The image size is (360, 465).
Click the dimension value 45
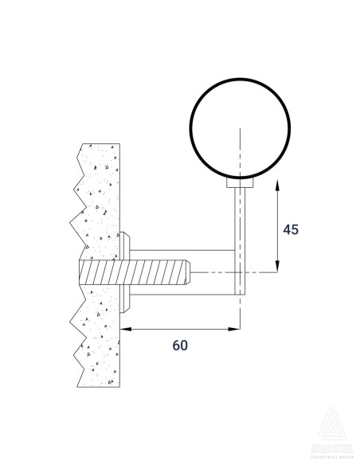(x=291, y=229)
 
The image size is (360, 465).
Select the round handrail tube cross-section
(x=239, y=127)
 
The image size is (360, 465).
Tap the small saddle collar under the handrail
(x=239, y=184)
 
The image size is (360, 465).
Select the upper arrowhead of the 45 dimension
(x=276, y=185)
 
